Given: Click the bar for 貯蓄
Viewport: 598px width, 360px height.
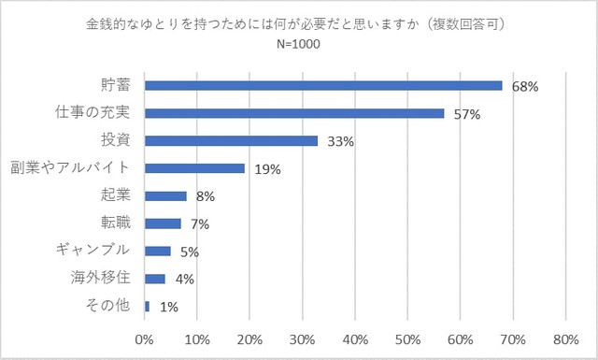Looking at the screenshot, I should (323, 85).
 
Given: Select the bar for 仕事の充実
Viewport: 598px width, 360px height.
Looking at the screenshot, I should (294, 113).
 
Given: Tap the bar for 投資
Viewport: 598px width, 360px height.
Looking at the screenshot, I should (232, 141).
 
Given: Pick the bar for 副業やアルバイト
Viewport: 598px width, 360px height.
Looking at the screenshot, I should (194, 168).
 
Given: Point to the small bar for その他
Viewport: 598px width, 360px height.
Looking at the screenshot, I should (147, 306).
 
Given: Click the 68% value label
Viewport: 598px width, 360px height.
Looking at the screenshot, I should (525, 87).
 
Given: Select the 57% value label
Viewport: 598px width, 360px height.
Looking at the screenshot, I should (466, 115).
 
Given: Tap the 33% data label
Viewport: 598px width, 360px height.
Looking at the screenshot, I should (340, 142).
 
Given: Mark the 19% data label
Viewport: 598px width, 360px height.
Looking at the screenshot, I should (267, 170).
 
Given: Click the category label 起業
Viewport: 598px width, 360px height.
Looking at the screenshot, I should (116, 194).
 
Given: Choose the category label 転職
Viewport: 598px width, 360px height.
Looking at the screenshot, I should (116, 223).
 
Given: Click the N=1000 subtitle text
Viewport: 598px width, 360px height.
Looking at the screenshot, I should (298, 43).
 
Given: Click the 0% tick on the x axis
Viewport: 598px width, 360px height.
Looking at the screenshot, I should (146, 339).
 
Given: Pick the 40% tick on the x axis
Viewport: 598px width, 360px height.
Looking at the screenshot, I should (356, 339).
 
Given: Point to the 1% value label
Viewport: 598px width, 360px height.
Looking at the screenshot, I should (168, 307).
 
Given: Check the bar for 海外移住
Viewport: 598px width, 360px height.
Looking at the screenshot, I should (155, 279).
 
